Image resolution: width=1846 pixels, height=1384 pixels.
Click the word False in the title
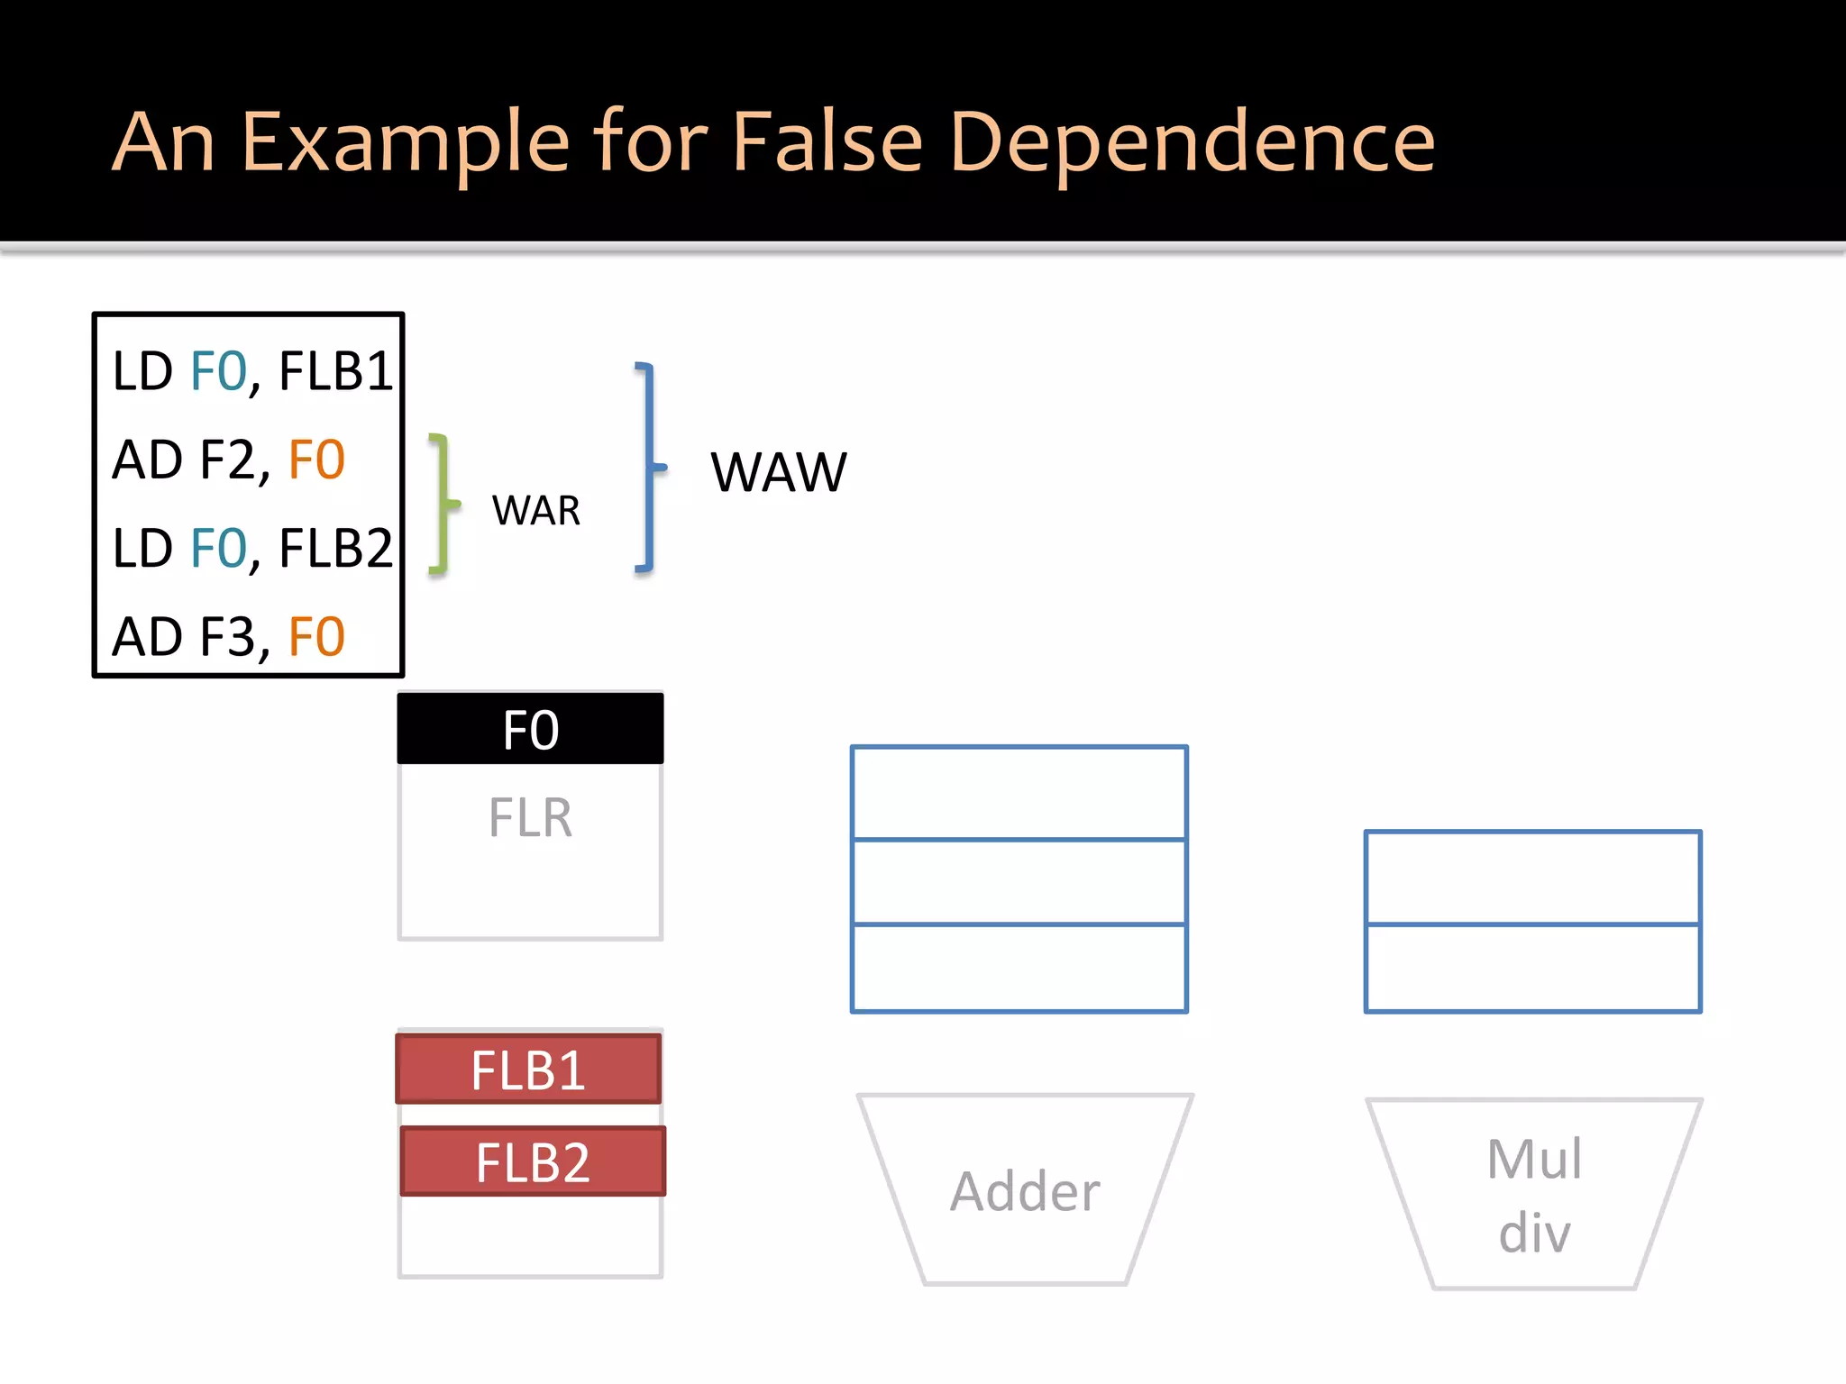pyautogui.click(x=827, y=141)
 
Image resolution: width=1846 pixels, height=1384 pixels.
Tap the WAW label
pyautogui.click(x=779, y=472)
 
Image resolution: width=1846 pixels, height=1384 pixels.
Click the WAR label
pyautogui.click(x=536, y=511)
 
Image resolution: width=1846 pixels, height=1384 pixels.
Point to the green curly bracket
pyautogui.click(x=441, y=504)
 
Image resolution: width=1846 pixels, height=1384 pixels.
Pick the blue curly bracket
pyautogui.click(x=648, y=467)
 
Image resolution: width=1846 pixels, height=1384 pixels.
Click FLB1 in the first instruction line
pyautogui.click(x=335, y=370)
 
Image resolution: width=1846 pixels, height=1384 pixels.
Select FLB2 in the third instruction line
pyautogui.click(x=335, y=548)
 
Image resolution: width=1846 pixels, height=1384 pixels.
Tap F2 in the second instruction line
pyautogui.click(x=228, y=460)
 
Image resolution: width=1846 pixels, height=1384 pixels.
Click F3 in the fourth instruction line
pyautogui.click(x=228, y=637)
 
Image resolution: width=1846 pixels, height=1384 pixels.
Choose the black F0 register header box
pyautogui.click(x=530, y=729)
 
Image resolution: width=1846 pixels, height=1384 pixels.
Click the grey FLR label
pyautogui.click(x=530, y=818)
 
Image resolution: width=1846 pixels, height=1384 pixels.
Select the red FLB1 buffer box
pyautogui.click(x=529, y=1070)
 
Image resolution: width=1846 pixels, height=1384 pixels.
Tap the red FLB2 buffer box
pyautogui.click(x=533, y=1161)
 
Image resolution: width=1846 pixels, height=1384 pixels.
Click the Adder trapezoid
pyautogui.click(x=1025, y=1190)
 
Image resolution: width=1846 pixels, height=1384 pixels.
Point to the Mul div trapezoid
pyautogui.click(x=1534, y=1195)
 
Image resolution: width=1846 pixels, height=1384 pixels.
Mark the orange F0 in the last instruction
pyautogui.click(x=316, y=637)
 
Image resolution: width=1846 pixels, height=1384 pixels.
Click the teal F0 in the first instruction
pyautogui.click(x=218, y=370)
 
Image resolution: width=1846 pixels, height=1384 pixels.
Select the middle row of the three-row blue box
pyautogui.click(x=1019, y=882)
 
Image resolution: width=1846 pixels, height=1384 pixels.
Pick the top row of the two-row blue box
pyautogui.click(x=1533, y=878)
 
